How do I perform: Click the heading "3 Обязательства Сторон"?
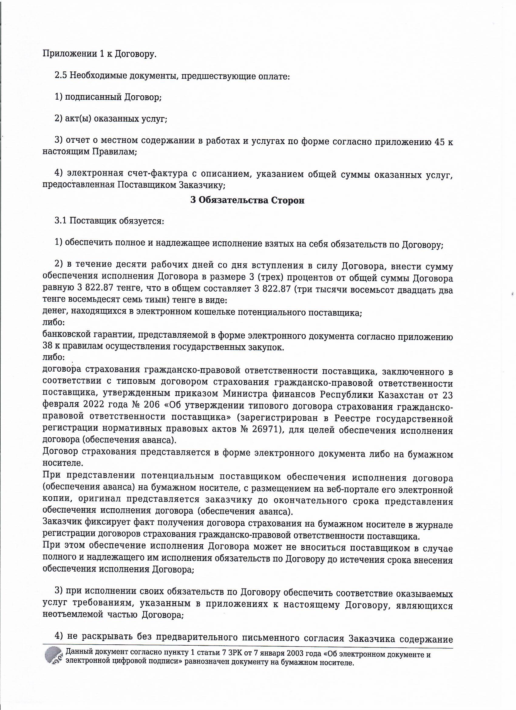click(x=247, y=200)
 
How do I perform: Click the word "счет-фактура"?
click(x=161, y=174)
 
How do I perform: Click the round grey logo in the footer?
click(x=54, y=650)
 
